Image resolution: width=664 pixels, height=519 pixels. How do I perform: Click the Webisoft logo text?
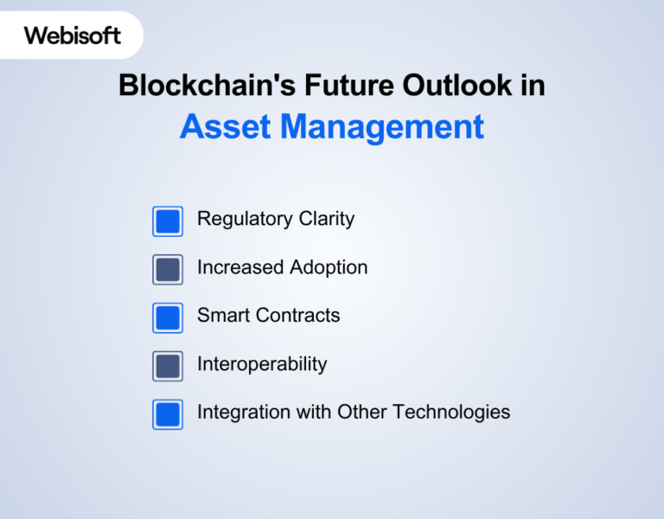tap(73, 35)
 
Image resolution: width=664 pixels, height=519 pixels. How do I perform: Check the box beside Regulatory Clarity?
tap(168, 221)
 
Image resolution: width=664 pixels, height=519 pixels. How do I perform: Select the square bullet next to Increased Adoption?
tap(168, 270)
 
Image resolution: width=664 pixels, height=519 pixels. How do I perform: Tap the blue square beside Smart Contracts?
tap(168, 317)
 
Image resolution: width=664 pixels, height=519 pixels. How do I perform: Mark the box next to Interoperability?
tap(168, 366)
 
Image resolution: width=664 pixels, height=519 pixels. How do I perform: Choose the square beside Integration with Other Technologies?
tap(168, 414)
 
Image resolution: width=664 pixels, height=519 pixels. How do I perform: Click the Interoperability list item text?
tap(262, 364)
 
